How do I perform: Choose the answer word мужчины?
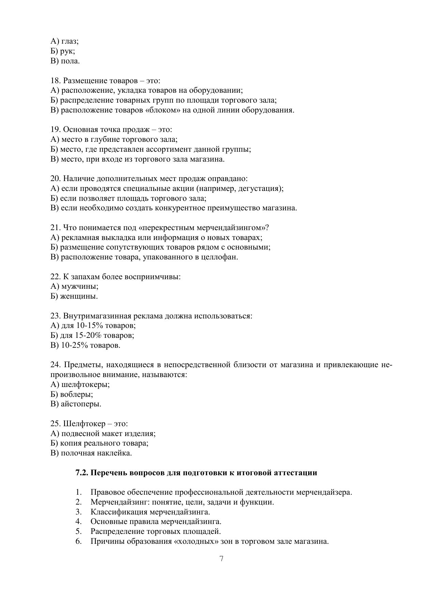pyautogui.click(x=80, y=286)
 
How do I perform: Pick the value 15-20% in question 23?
pyautogui.click(x=89, y=335)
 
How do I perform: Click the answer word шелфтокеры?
pyautogui.click(x=86, y=385)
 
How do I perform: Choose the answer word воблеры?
pyautogui.click(x=77, y=394)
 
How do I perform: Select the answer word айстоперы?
pyautogui.click(x=81, y=404)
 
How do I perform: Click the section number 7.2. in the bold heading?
pyautogui.click(x=82, y=473)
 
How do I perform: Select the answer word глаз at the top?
pyautogui.click(x=70, y=42)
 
